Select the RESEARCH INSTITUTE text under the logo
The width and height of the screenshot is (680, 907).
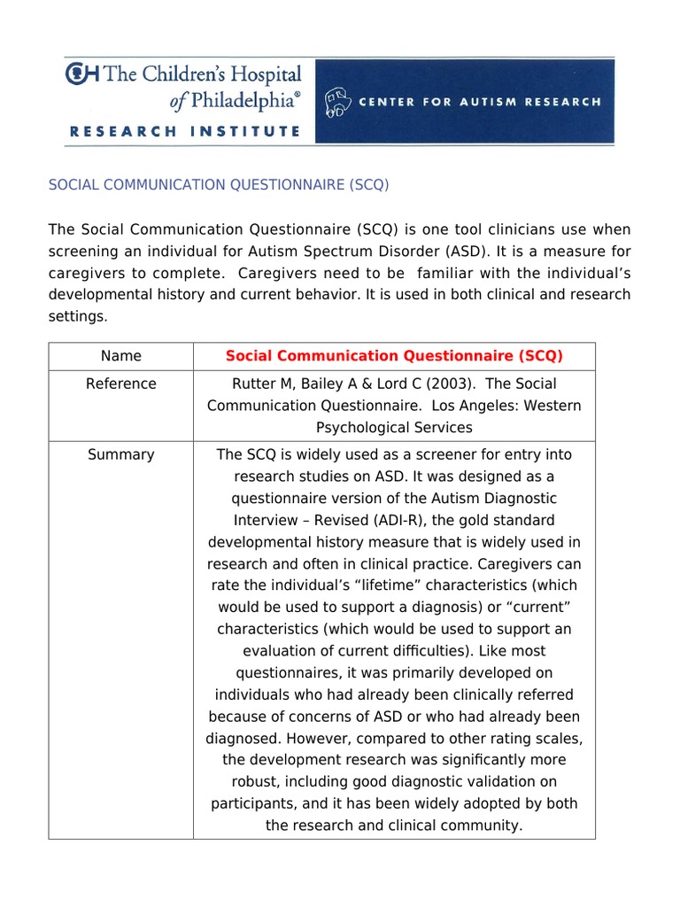tap(184, 131)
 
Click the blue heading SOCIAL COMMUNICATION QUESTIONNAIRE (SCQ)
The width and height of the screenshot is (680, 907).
tap(218, 185)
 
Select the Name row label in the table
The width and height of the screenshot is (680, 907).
tap(120, 356)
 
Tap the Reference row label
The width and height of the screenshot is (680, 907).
tap(120, 384)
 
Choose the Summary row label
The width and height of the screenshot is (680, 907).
tap(120, 455)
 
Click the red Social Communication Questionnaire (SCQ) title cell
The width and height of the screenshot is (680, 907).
tap(394, 356)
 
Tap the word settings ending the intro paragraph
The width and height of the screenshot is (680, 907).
tap(77, 315)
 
